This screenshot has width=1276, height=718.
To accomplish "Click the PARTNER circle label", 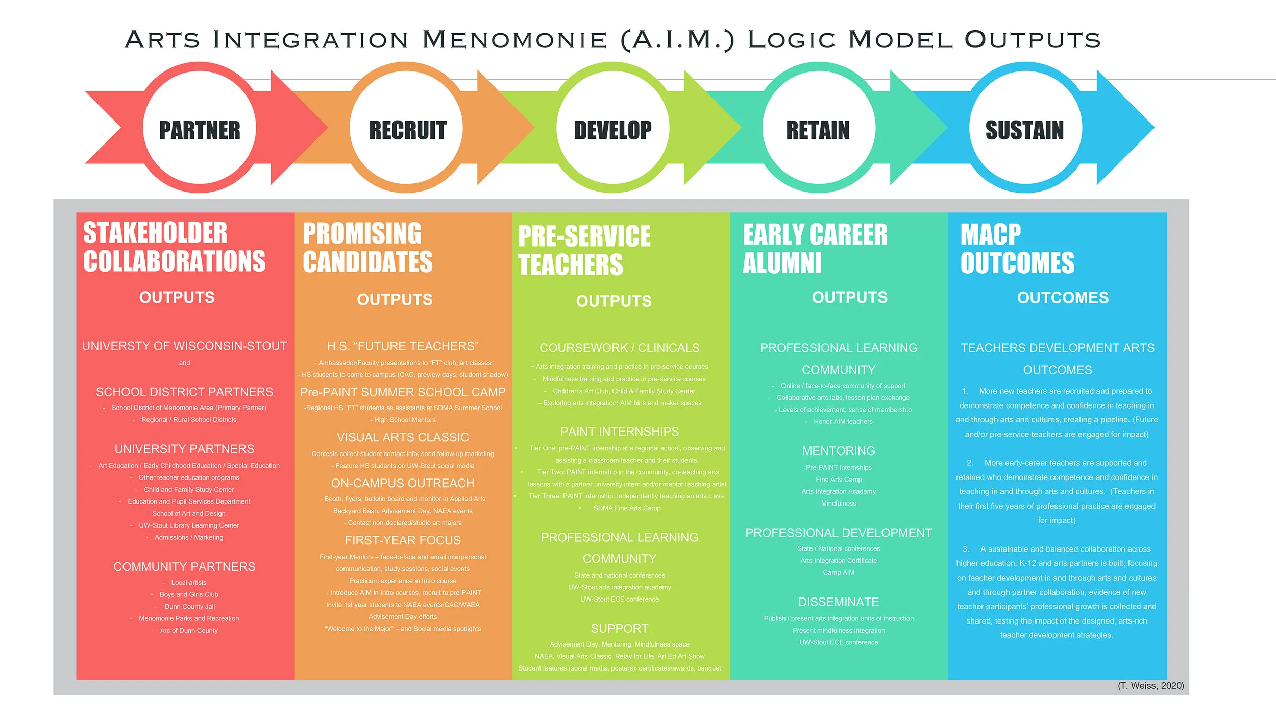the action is coord(200,131).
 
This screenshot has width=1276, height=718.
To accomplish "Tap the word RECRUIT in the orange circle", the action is coord(407,131).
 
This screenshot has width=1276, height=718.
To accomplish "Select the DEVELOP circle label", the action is coord(612,131).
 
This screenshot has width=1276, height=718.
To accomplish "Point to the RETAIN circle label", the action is coord(818,131).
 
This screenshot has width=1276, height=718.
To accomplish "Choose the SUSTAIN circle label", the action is coord(1024,131).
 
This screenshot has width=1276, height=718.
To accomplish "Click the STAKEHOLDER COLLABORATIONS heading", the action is coord(174,247).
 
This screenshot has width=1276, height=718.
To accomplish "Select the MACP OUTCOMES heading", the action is coord(1017,249).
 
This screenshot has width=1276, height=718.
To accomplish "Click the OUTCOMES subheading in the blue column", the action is coord(1063,298).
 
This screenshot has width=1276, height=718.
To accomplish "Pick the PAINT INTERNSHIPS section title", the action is coord(619,432).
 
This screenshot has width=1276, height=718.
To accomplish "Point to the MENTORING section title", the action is coord(838,451).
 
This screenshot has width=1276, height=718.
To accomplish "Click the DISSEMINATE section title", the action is coord(838,602).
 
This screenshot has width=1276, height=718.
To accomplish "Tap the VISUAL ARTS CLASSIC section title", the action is coord(402,437).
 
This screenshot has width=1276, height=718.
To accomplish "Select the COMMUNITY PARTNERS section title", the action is coord(184,567).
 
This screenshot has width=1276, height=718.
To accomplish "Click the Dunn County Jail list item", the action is coord(189,607).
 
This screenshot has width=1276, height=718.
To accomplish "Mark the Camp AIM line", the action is coord(838,572).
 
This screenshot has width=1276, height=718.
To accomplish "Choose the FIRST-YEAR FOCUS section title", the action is coord(402,540).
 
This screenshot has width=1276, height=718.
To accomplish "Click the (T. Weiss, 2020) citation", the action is coord(1150,686).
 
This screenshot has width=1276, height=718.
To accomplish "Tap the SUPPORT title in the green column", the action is coord(619,629).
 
